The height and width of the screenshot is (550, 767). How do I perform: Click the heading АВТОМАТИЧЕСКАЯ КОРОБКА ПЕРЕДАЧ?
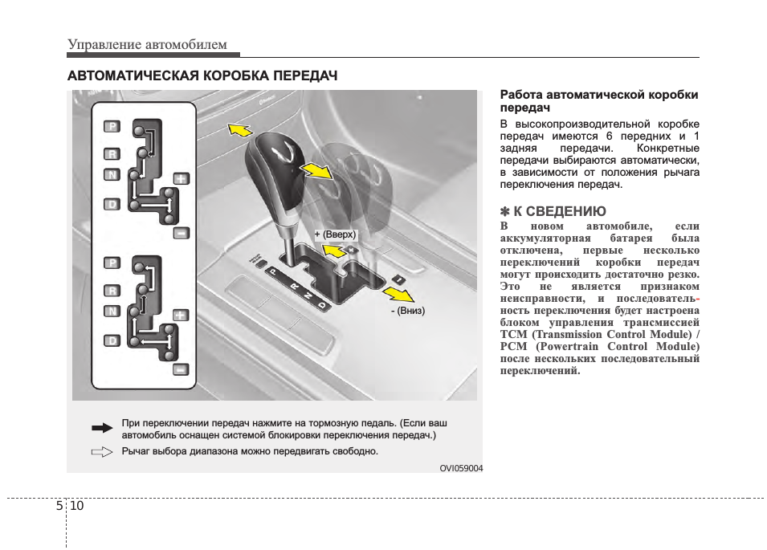pyautogui.click(x=202, y=75)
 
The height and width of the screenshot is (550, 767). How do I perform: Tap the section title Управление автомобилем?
pyautogui.click(x=147, y=44)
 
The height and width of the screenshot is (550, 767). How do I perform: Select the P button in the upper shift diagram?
pyautogui.click(x=112, y=127)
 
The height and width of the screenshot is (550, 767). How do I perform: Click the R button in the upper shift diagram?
pyautogui.click(x=112, y=154)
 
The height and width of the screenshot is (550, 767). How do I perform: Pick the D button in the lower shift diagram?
pyautogui.click(x=112, y=340)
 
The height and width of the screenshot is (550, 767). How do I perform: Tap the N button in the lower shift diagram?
pyautogui.click(x=112, y=312)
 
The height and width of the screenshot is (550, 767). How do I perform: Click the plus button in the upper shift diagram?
pyautogui.click(x=182, y=178)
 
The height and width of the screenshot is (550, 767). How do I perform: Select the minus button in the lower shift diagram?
pyautogui.click(x=182, y=369)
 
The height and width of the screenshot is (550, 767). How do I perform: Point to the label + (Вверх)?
pyautogui.click(x=335, y=234)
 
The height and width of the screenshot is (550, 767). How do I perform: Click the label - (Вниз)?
pyautogui.click(x=408, y=311)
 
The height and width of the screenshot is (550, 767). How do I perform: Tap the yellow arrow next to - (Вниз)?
pyautogui.click(x=398, y=295)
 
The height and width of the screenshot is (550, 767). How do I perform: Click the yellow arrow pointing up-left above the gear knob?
pyautogui.click(x=239, y=129)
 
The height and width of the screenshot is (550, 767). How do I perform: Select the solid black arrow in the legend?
pyautogui.click(x=102, y=428)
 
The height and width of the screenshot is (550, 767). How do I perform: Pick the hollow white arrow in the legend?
pyautogui.click(x=102, y=452)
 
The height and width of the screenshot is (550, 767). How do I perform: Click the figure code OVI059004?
pyautogui.click(x=461, y=468)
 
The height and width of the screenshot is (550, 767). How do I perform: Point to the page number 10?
pyautogui.click(x=77, y=506)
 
